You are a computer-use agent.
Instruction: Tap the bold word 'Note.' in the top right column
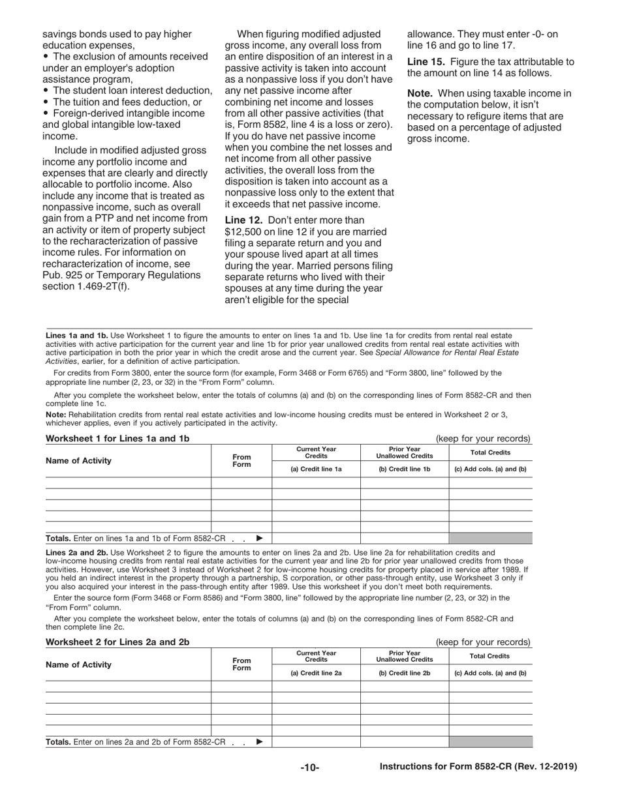pyautogui.click(x=422, y=93)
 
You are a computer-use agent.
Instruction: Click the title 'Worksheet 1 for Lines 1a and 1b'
pyautogui.click(x=117, y=438)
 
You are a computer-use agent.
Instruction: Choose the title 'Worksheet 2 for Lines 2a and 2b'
pyautogui.click(x=117, y=642)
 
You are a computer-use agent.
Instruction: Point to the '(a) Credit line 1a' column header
pyautogui.click(x=316, y=469)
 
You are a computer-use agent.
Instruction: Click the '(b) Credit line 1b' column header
pyautogui.click(x=405, y=469)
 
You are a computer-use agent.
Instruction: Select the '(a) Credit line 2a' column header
pyautogui.click(x=316, y=672)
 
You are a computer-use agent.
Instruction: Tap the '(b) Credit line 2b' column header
pyautogui.click(x=405, y=672)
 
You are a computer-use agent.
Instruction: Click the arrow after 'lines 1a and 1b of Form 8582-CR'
pyautogui.click(x=260, y=539)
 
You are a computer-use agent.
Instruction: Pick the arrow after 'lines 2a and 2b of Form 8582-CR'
pyautogui.click(x=260, y=742)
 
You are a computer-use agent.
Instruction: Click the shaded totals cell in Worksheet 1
pyautogui.click(x=490, y=539)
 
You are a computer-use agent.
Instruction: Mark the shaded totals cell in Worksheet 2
pyautogui.click(x=490, y=742)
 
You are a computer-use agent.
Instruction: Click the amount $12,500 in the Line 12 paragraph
pyautogui.click(x=244, y=232)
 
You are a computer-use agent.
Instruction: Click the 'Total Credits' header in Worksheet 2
pyautogui.click(x=490, y=656)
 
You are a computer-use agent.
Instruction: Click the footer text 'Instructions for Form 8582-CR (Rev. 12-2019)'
pyautogui.click(x=478, y=767)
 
